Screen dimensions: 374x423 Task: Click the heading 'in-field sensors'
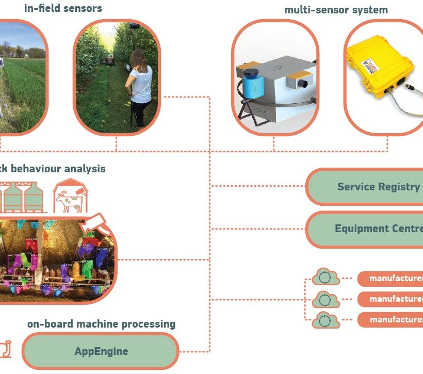click(63, 8)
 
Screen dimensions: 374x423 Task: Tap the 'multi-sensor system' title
click(336, 10)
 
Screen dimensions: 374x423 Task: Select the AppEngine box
click(101, 351)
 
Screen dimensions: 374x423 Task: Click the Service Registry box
click(371, 187)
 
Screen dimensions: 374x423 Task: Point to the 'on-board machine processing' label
click(101, 324)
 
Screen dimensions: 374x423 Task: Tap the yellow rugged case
click(384, 70)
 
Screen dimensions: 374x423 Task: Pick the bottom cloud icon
click(323, 320)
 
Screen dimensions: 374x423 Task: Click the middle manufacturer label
click(392, 299)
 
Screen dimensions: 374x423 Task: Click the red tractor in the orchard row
click(109, 60)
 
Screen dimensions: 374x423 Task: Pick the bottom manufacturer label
click(392, 320)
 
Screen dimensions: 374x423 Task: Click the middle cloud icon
click(323, 299)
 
